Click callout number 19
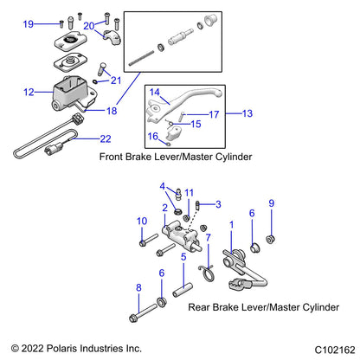[x=28, y=23]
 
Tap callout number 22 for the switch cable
[x=106, y=138]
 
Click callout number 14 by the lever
[x=155, y=92]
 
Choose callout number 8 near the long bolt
[x=138, y=287]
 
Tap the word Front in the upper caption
[x=113, y=157]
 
